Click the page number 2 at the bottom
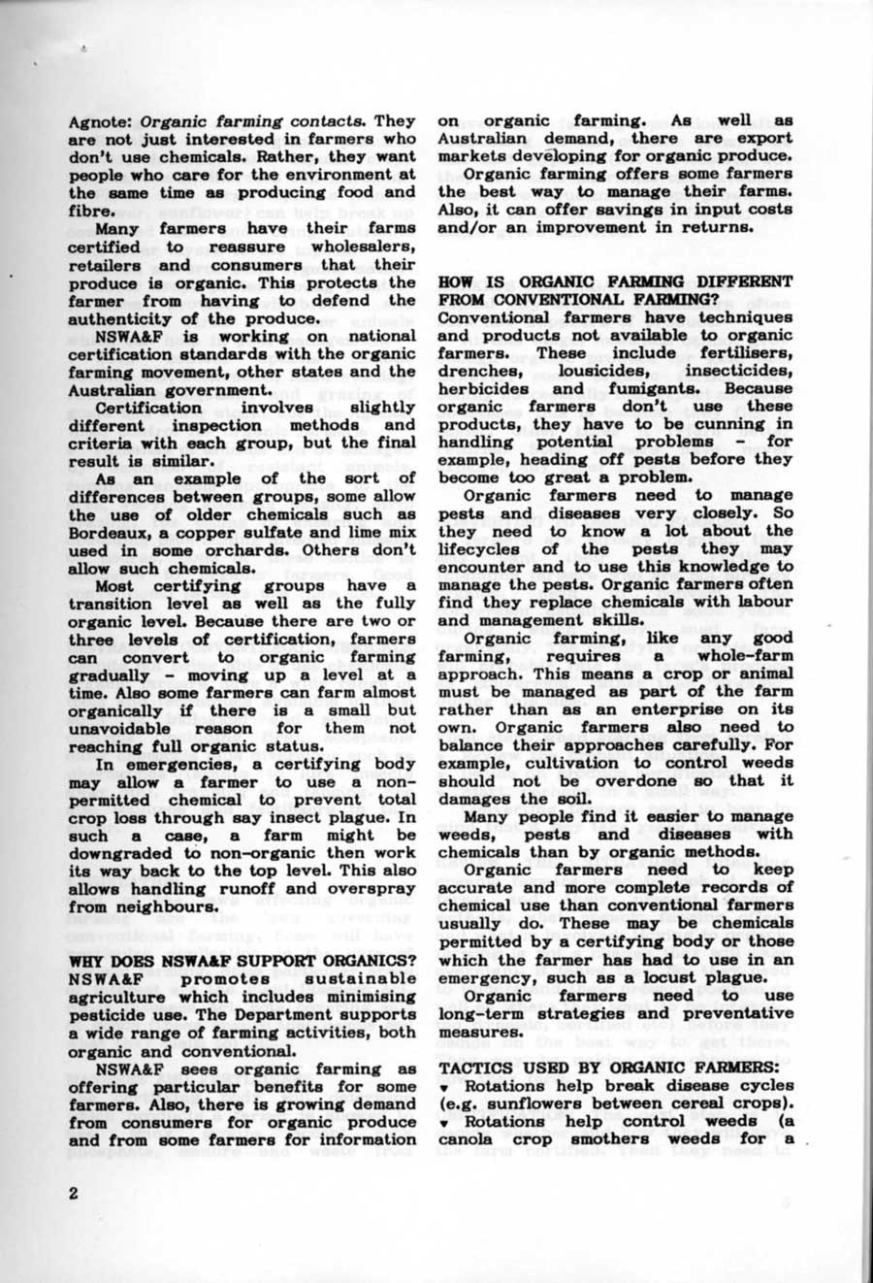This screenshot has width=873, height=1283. tap(73, 1194)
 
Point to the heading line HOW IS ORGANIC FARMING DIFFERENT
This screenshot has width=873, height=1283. tap(615, 281)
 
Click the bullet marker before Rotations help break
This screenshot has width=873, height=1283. tap(443, 1086)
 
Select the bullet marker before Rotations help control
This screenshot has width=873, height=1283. tap(443, 1122)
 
